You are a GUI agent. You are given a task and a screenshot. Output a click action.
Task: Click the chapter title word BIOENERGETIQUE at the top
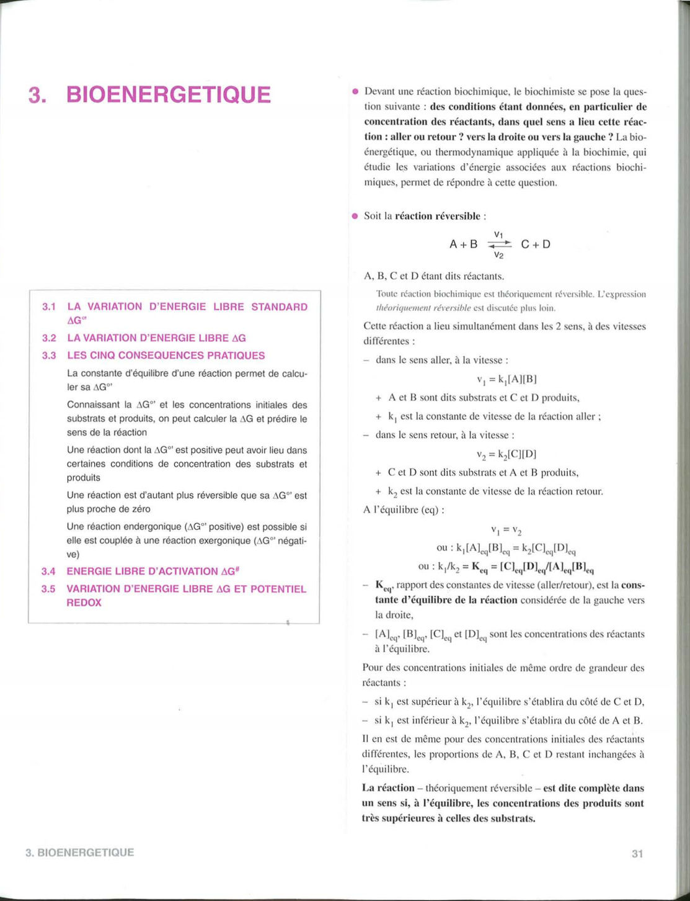tap(169, 95)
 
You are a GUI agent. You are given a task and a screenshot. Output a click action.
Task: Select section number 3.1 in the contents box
tap(49, 307)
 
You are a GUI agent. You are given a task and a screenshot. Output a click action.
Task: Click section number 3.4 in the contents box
tap(48, 571)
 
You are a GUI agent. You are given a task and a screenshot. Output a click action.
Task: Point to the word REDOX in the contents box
tap(84, 603)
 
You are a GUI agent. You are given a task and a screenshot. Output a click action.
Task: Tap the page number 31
tap(637, 854)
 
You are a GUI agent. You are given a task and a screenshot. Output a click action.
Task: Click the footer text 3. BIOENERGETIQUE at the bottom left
tap(79, 853)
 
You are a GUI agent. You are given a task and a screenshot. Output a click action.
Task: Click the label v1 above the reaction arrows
tap(498, 235)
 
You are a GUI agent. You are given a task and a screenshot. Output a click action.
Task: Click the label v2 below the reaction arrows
tap(498, 254)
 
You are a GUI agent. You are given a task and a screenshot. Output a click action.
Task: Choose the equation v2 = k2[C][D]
tap(506, 454)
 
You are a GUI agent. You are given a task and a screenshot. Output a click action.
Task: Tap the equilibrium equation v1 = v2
tap(506, 530)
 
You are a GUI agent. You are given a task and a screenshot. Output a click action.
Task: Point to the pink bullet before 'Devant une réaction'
tap(355, 92)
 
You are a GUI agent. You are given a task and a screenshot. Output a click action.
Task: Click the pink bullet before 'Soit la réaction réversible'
tap(355, 217)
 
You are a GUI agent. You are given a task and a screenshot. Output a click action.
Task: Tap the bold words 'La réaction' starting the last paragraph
tap(388, 788)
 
